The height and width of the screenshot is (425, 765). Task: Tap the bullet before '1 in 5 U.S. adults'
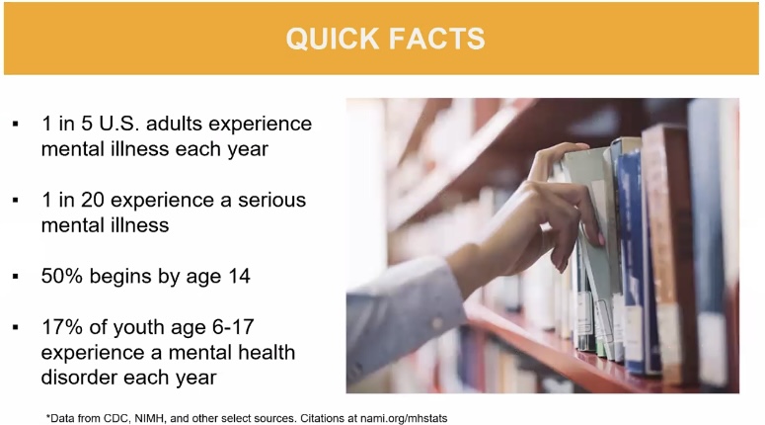(x=16, y=125)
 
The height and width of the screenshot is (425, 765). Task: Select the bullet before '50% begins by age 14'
(x=16, y=277)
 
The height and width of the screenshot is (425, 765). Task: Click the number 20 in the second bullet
(x=92, y=200)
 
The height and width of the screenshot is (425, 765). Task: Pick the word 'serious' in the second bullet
(x=271, y=201)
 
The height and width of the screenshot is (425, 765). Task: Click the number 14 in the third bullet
(x=239, y=276)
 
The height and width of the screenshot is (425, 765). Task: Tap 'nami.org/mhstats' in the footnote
(x=404, y=419)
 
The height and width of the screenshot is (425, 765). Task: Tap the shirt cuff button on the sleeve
(x=437, y=323)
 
